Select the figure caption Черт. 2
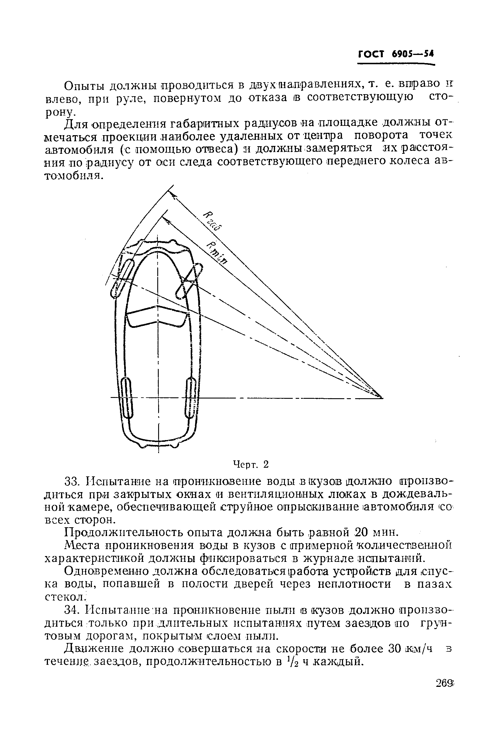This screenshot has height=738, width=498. pos(251,464)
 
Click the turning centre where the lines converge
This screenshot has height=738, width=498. pos(381,397)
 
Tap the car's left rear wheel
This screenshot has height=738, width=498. pos(128,398)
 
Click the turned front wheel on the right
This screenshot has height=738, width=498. pos(190,281)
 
